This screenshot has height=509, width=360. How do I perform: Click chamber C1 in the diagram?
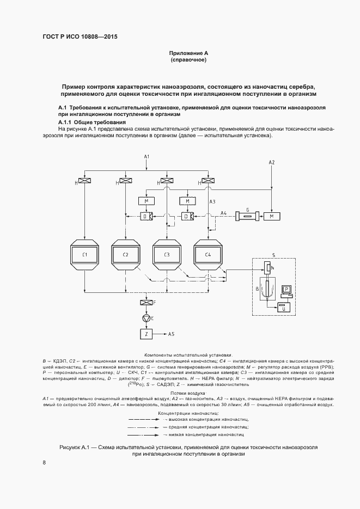[84, 255]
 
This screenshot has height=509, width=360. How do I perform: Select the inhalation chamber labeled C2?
[125, 255]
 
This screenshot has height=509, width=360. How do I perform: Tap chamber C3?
[167, 255]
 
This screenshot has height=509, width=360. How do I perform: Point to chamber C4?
[208, 255]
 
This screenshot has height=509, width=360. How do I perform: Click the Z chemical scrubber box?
[146, 333]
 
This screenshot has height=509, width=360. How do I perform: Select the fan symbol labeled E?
[146, 318]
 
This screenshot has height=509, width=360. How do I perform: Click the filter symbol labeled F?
[146, 303]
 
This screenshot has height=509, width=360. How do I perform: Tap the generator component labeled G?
[248, 216]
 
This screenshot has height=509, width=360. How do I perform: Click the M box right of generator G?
[271, 216]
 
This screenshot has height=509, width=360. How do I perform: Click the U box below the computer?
[283, 308]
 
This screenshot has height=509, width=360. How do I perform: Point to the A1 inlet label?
[146, 157]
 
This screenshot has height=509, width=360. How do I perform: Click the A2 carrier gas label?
[272, 163]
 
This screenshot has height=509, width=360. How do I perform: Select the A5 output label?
[171, 333]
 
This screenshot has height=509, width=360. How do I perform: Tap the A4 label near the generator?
[224, 212]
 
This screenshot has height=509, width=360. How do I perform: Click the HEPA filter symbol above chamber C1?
[84, 181]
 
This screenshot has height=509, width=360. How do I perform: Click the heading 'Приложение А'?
[189, 53]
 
